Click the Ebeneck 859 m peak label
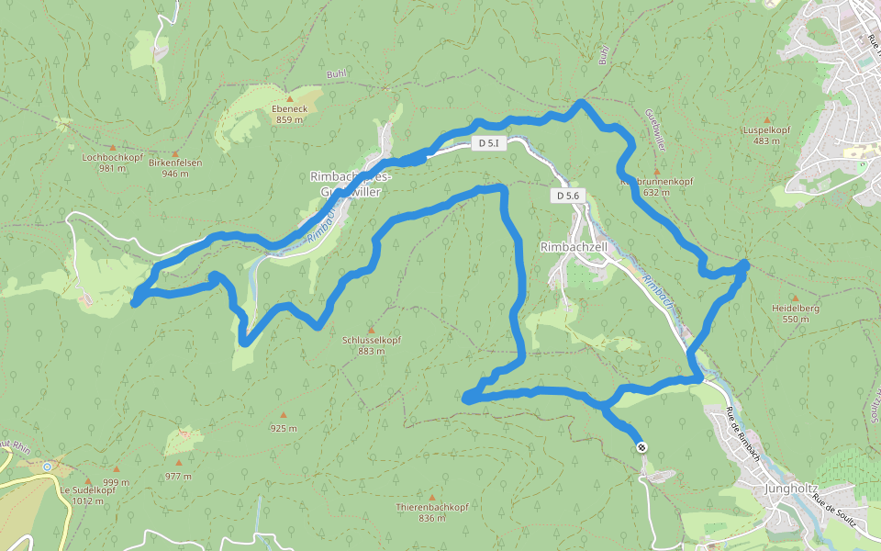click(289, 114)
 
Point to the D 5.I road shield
click(488, 144)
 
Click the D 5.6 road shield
click(567, 196)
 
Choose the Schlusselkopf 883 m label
click(371, 344)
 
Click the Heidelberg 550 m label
click(795, 313)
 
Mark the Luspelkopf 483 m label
click(766, 135)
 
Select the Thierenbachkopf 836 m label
click(431, 512)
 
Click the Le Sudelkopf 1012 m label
click(88, 495)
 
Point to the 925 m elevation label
click(284, 428)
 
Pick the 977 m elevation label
click(178, 476)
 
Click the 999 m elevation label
click(116, 482)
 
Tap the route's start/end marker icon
click(641, 447)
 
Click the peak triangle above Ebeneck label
click(289, 98)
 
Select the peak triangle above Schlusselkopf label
click(371, 330)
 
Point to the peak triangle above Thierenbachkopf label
click(431, 497)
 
